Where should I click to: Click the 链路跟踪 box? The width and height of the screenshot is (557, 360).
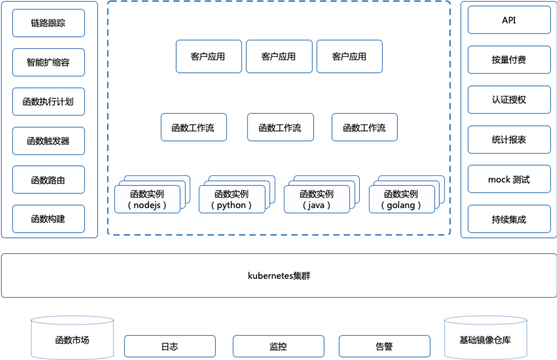(x=48, y=23)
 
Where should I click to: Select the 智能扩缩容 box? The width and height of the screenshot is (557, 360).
(x=48, y=62)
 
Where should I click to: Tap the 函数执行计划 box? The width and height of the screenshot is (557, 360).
(x=48, y=101)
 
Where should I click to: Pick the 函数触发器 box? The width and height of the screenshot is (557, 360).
(x=48, y=141)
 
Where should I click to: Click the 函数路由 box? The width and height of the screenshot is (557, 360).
(x=48, y=180)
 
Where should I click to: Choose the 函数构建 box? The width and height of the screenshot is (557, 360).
(x=48, y=219)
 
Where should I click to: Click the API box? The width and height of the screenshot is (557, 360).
(x=509, y=20)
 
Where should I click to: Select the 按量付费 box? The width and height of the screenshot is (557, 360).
(x=509, y=60)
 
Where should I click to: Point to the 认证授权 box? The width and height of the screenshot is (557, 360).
(x=509, y=100)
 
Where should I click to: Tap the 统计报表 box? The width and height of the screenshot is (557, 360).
(x=509, y=139)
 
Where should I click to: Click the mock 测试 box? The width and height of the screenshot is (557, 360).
(x=509, y=179)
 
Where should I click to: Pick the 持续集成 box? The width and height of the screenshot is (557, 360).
(x=509, y=219)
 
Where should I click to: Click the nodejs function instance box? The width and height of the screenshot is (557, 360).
(x=147, y=199)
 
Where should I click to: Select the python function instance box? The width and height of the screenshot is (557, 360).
(x=232, y=199)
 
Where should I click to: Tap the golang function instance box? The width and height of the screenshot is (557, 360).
(x=402, y=199)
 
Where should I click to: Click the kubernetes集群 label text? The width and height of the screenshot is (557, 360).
(x=279, y=276)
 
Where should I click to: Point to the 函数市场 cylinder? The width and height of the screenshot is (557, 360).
(x=72, y=338)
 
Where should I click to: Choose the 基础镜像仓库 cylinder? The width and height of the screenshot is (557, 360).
(x=486, y=338)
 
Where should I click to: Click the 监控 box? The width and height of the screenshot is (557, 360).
(x=278, y=346)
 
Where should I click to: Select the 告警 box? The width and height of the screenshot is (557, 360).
(x=385, y=346)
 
